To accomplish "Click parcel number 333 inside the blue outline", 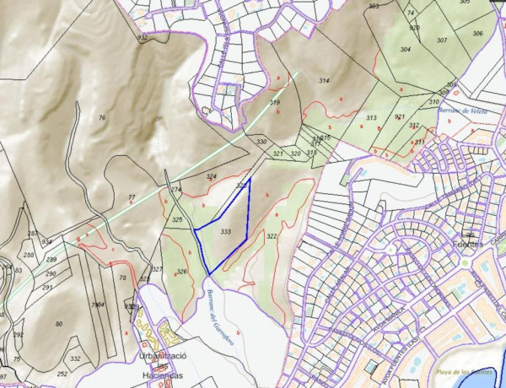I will click(225, 230).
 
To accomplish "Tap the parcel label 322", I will click(272, 237).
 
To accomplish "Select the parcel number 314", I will click(324, 80).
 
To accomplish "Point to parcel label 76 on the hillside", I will click(102, 118).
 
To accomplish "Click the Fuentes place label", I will click(469, 244).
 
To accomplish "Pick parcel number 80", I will click(58, 324).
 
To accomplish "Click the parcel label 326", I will click(181, 272).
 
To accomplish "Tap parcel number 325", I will click(177, 219).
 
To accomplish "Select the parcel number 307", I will click(442, 40).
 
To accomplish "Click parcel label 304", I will click(405, 50).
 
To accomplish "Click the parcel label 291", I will click(46, 288).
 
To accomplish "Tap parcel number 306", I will click(477, 34).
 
